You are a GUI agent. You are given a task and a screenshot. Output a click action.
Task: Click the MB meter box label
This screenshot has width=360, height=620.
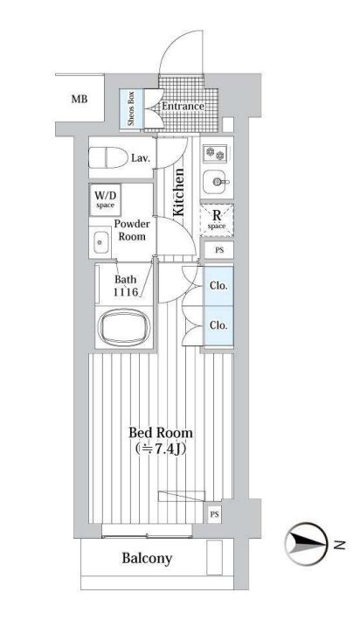pyautogui.click(x=80, y=99)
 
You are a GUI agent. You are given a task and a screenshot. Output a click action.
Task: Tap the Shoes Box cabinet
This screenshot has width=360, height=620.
pyautogui.click(x=132, y=108)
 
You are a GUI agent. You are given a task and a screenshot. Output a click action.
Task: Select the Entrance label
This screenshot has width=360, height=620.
pyautogui.click(x=183, y=106)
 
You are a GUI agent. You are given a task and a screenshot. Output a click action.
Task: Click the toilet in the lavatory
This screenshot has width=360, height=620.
pyautogui.click(x=107, y=157)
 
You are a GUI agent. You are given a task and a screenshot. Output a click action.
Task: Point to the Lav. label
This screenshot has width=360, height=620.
pyautogui.click(x=141, y=158)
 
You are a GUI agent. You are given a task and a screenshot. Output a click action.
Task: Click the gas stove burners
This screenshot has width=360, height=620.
pyautogui.click(x=216, y=153)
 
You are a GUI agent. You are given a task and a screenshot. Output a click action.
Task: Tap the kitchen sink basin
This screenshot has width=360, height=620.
pyautogui.click(x=216, y=182)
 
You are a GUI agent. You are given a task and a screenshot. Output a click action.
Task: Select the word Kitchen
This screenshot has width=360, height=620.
pyautogui.click(x=178, y=192)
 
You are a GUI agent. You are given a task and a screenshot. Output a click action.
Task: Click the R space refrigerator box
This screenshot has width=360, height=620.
pyautogui.click(x=217, y=219)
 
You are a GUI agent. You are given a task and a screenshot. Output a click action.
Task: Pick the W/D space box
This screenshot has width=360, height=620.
pyautogui.click(x=105, y=199)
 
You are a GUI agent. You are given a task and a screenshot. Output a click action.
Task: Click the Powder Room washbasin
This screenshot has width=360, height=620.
pyautogui.click(x=100, y=242)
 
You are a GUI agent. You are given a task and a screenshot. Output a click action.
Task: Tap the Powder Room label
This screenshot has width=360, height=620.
pyautogui.click(x=132, y=230)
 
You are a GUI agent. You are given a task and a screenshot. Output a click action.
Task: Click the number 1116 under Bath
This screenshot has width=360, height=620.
pyautogui.click(x=126, y=292)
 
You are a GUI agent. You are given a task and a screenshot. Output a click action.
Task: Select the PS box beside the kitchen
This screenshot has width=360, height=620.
pyautogui.click(x=219, y=250)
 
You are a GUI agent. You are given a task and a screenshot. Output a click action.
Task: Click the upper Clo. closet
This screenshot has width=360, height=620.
pyautogui.click(x=218, y=286)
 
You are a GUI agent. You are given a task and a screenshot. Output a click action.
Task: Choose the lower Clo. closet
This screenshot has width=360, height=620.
pyautogui.click(x=218, y=326)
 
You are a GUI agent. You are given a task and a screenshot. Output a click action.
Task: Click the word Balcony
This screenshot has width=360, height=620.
pyautogui.click(x=147, y=558)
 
